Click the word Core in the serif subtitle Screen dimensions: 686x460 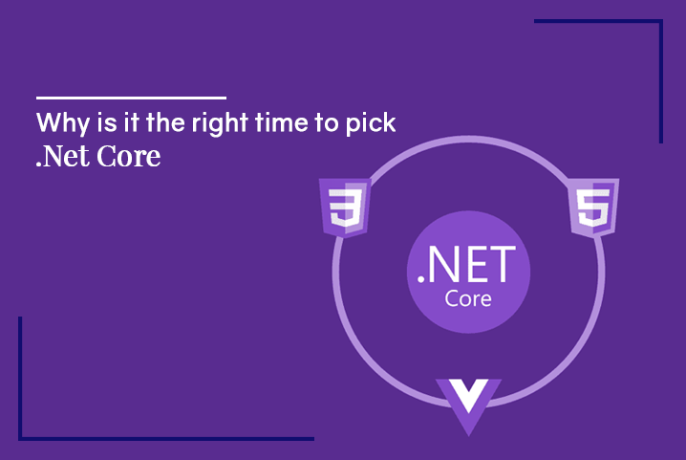click(x=129, y=157)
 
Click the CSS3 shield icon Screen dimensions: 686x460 click(x=345, y=208)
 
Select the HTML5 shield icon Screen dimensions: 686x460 click(x=593, y=208)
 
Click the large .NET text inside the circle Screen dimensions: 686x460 click(x=467, y=265)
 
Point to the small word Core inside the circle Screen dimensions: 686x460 click(x=468, y=298)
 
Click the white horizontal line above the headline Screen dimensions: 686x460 click(x=131, y=98)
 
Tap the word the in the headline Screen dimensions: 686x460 click(x=165, y=122)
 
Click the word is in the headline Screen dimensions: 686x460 click(x=107, y=122)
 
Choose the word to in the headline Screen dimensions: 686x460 click(x=327, y=123)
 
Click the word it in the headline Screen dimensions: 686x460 click(x=131, y=122)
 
